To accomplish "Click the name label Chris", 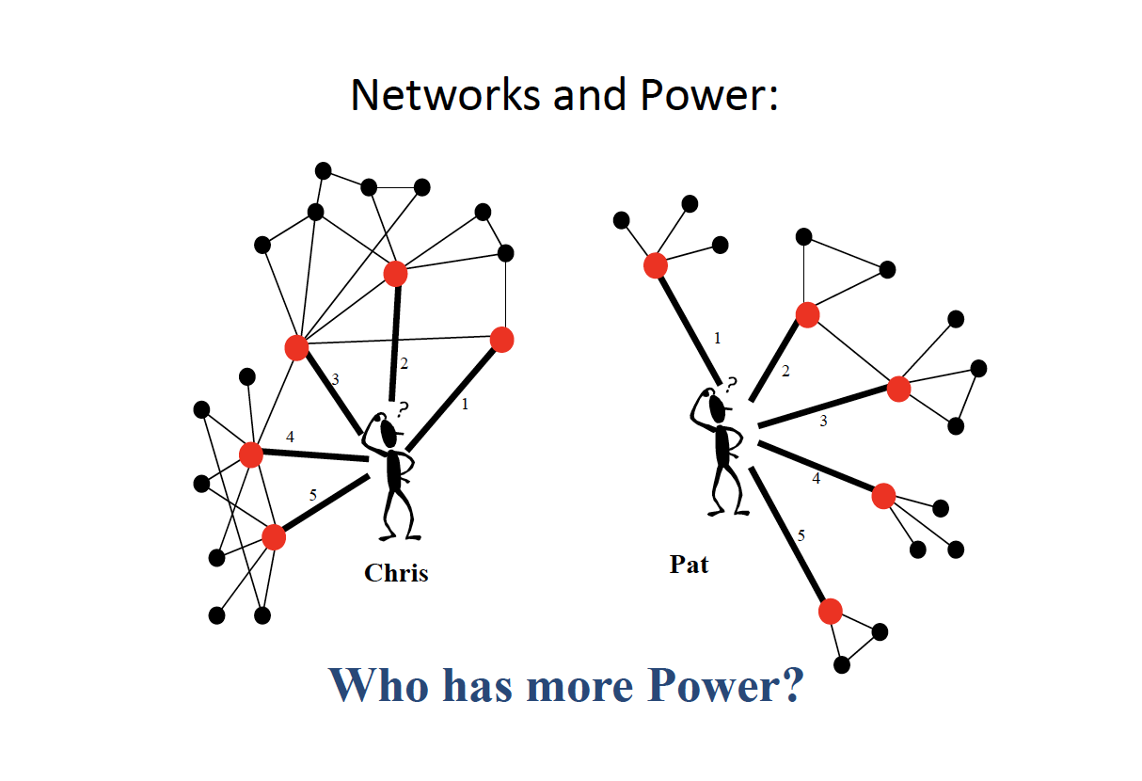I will pos(396,572).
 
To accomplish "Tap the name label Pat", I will pos(689,565).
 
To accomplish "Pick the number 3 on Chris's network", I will pos(335,379).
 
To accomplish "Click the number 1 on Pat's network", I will pos(718,338).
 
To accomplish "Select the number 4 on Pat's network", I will pos(816,478).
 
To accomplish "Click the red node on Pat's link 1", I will pos(656,265).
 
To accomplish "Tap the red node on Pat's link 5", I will pos(830,612).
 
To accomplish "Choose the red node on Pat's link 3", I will pos(898,389).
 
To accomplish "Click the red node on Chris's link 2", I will pos(396,274).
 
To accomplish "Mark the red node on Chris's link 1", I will pos(502,340).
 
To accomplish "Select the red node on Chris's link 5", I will pos(274,537).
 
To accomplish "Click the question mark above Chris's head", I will pos(403,409).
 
